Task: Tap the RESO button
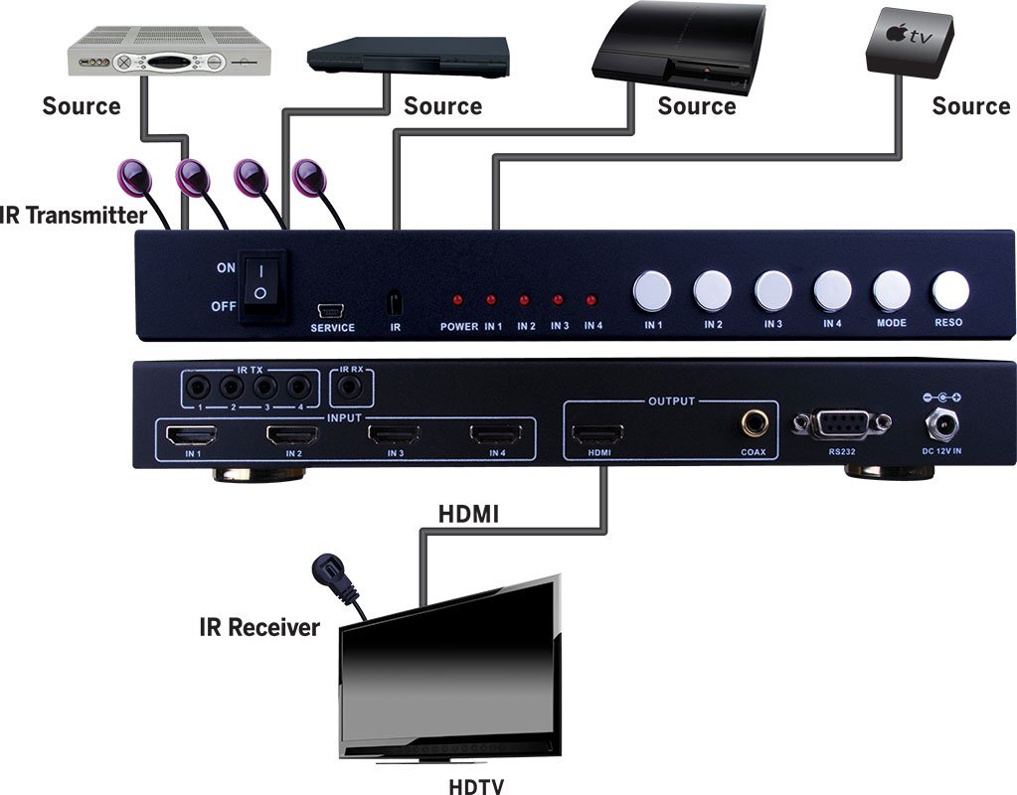950,291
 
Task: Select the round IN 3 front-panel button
772,291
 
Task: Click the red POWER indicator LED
458,300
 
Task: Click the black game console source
678,45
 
